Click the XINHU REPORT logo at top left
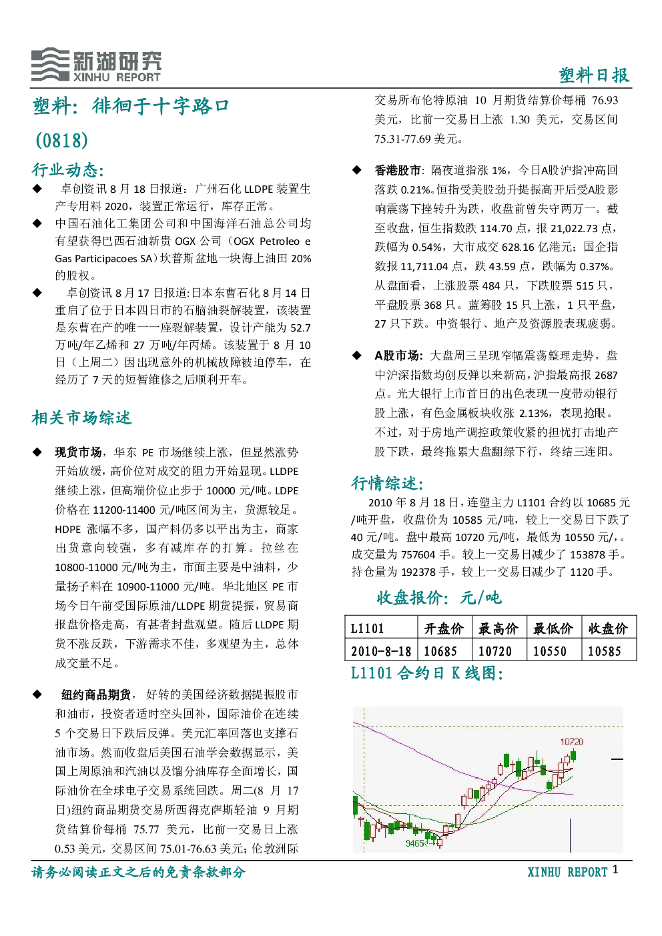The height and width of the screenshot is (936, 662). [x=95, y=65]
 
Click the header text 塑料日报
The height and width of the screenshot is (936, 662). [x=594, y=75]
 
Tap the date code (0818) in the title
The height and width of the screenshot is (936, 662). [x=62, y=140]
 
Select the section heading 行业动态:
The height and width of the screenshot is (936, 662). [x=67, y=169]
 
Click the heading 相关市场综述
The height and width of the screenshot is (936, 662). [x=81, y=418]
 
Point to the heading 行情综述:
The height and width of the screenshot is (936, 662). [x=388, y=483]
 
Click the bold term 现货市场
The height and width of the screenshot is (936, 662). [x=78, y=452]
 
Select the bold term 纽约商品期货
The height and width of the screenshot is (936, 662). [x=96, y=694]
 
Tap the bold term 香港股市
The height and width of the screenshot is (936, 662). [x=398, y=170]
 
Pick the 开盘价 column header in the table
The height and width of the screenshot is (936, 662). [x=444, y=628]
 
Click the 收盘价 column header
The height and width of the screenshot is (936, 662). [x=608, y=628]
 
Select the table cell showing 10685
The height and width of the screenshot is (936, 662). [x=440, y=651]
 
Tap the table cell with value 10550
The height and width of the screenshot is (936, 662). [x=550, y=651]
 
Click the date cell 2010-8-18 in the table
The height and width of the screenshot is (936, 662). [x=381, y=651]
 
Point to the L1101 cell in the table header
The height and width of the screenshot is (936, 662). [x=367, y=628]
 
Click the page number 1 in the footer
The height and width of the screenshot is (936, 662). [x=615, y=869]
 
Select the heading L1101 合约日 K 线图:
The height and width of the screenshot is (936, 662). [x=426, y=672]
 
